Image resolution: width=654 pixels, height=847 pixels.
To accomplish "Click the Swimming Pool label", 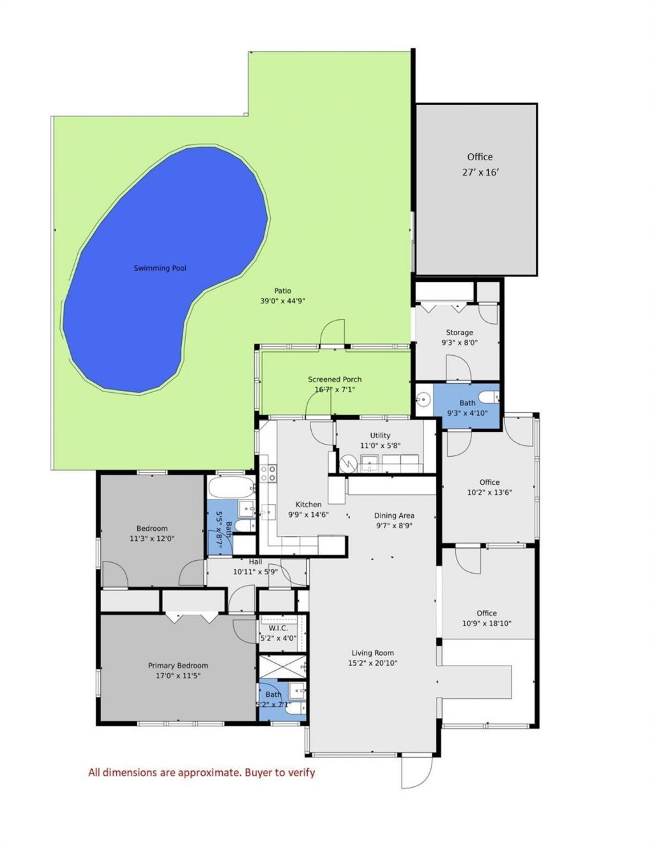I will tap(160, 268).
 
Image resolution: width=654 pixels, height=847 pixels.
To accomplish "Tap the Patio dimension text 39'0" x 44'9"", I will tap(282, 301).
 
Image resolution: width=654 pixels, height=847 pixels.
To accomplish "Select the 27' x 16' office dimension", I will tap(480, 172).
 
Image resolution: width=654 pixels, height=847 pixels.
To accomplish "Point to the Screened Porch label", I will tap(335, 379).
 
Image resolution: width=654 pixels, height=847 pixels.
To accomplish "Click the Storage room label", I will tap(459, 332).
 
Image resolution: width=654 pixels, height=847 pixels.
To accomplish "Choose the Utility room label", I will tap(380, 436).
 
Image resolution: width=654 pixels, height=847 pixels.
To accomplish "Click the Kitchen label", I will tap(308, 505).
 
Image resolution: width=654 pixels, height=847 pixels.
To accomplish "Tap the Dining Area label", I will tap(394, 515).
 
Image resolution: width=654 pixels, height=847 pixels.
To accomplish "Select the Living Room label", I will tap(372, 653).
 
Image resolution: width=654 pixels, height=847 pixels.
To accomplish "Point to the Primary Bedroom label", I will tap(178, 666).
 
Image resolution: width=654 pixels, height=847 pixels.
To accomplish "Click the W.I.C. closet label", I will tap(278, 628).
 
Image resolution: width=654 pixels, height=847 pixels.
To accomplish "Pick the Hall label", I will tap(255, 562).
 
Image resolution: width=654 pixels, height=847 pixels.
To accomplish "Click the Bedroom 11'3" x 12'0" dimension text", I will tap(152, 538).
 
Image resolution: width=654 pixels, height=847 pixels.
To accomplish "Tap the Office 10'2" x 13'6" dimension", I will tap(489, 492).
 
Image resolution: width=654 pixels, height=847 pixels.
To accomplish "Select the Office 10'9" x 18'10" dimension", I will tap(487, 623).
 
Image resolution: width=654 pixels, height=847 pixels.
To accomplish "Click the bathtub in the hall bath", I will tap(231, 487).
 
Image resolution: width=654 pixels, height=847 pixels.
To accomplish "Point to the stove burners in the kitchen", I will tap(268, 473).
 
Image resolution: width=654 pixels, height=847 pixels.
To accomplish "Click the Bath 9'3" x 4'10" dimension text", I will tap(467, 413).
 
